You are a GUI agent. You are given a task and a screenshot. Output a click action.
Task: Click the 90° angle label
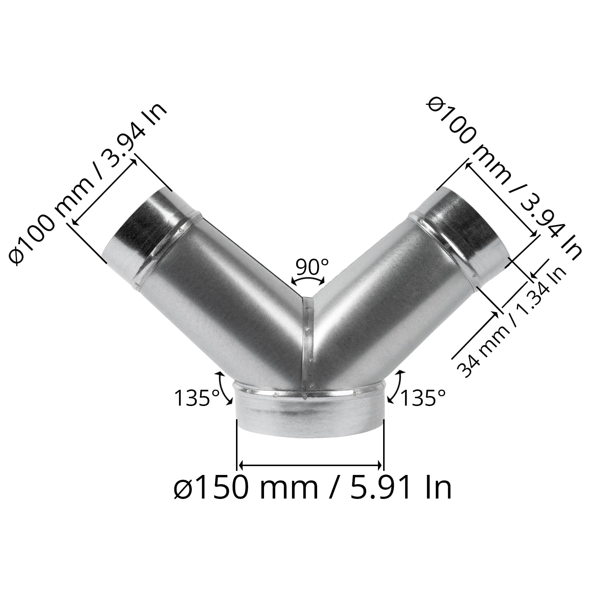click(312, 267)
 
